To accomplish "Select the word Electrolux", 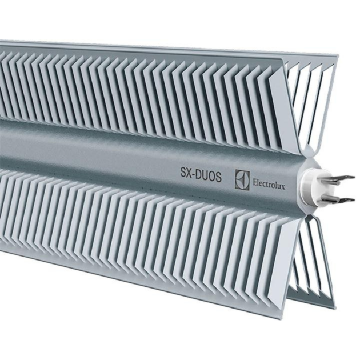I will (270, 182).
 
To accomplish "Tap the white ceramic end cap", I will (314, 189).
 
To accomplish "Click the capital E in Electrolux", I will (254, 181).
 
